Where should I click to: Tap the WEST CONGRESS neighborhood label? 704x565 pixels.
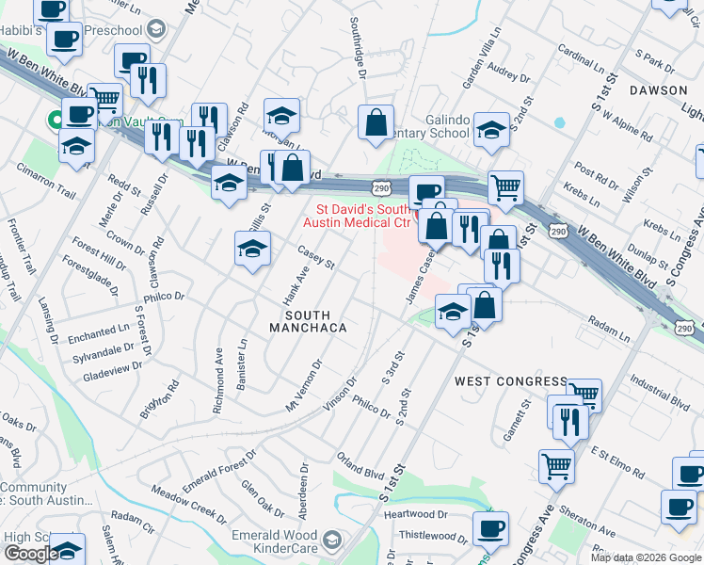(x=511, y=381)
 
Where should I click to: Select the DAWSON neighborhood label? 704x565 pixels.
(x=658, y=90)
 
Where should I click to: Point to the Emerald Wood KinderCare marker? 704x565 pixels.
(x=330, y=541)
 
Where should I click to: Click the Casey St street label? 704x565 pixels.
(x=316, y=257)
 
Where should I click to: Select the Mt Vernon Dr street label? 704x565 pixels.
(x=304, y=384)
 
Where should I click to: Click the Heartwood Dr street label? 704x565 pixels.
(x=415, y=514)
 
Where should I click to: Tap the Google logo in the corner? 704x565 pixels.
(x=30, y=554)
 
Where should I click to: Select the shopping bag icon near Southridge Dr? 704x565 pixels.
(x=376, y=122)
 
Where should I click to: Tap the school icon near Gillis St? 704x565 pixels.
(x=251, y=250)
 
